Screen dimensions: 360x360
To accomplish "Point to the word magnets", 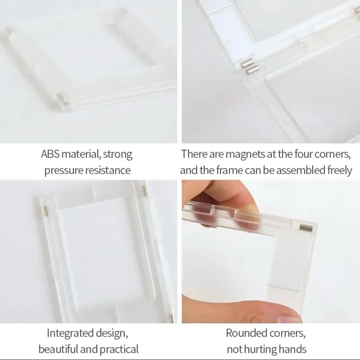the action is coord(245,155).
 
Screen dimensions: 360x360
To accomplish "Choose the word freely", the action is coord(340,171).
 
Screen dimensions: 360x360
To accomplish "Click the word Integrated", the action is coord(71,333).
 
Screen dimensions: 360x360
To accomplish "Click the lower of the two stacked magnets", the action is coord(252,70).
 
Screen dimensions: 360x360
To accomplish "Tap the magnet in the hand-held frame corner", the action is coord(307,228).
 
